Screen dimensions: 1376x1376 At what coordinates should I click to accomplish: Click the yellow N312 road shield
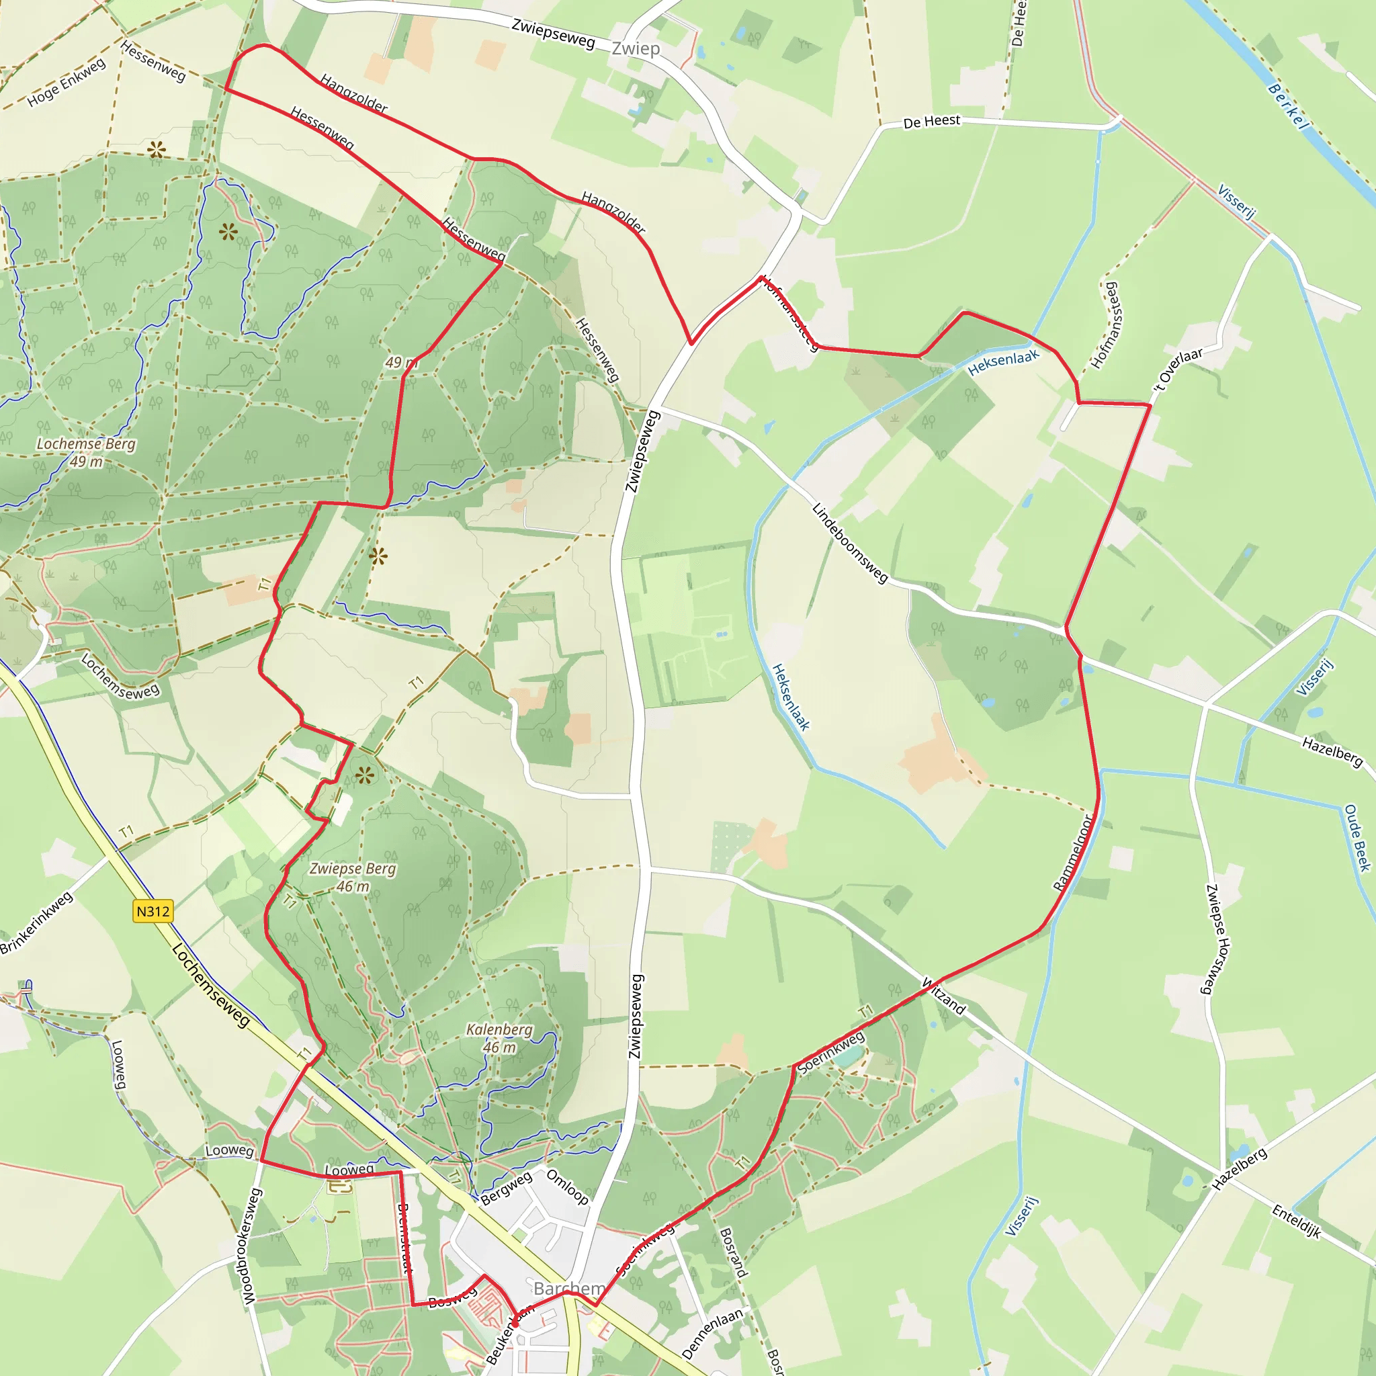(153, 911)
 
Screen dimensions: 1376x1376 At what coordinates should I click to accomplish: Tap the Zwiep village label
(636, 48)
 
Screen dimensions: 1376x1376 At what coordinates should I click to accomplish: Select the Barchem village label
(568, 1289)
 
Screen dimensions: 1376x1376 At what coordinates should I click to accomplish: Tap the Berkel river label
(1289, 107)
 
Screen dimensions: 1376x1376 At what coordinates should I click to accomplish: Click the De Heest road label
(932, 122)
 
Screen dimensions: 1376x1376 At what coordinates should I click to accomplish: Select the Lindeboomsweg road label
(851, 544)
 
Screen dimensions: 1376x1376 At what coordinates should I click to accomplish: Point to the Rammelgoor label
(1072, 853)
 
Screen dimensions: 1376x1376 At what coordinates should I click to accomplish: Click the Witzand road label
(944, 996)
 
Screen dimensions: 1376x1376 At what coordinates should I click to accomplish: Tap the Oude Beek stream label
(1357, 838)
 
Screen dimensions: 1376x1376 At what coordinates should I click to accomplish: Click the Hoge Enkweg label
(67, 83)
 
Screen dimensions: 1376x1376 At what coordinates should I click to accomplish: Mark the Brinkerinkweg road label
(36, 923)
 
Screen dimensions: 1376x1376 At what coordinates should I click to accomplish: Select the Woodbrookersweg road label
(250, 1246)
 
